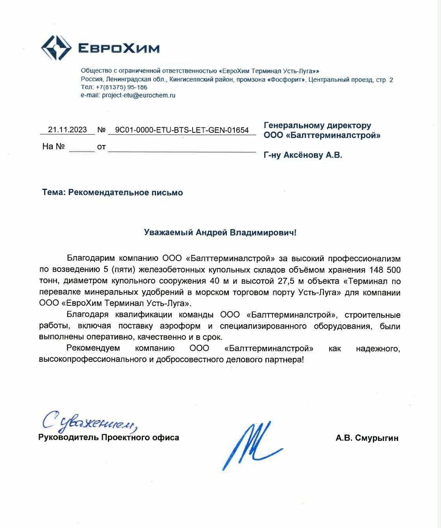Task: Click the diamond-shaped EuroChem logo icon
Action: pyautogui.click(x=56, y=48)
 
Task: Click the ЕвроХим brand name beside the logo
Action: pyautogui.click(x=119, y=48)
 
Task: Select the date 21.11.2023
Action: pyautogui.click(x=67, y=130)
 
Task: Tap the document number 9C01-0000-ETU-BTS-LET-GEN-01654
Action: pyautogui.click(x=182, y=130)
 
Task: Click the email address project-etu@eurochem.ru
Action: pyautogui.click(x=139, y=95)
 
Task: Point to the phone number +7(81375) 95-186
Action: pyautogui.click(x=121, y=87)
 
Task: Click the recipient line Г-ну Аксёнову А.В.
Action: pyautogui.click(x=303, y=155)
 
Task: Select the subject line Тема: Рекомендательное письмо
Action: pyautogui.click(x=113, y=193)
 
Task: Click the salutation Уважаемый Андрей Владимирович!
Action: pyautogui.click(x=220, y=232)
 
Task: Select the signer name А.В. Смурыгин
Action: pyautogui.click(x=367, y=438)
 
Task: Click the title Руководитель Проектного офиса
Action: pyautogui.click(x=109, y=437)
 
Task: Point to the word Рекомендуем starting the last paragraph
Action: pyautogui.click(x=93, y=348)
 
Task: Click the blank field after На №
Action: pyautogui.click(x=82, y=147)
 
